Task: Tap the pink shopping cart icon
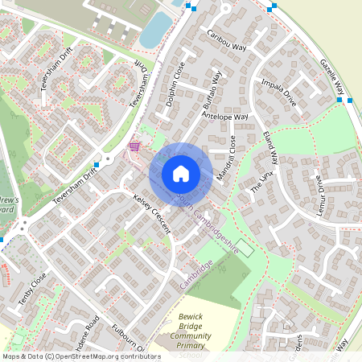click(134, 146)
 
